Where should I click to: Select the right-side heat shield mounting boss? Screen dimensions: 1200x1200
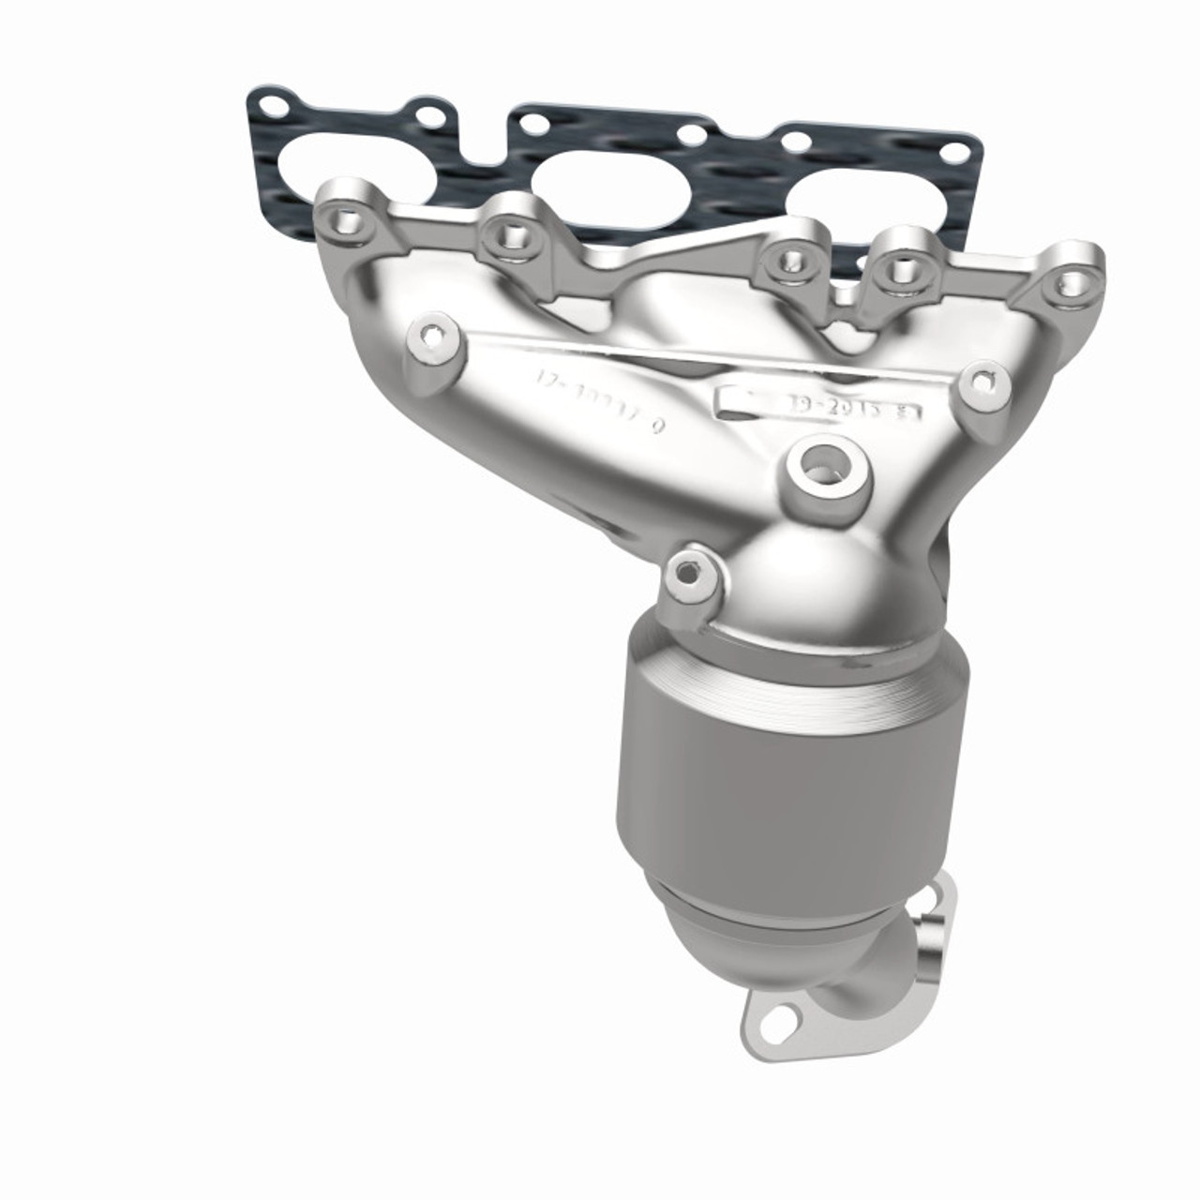click(x=981, y=382)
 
